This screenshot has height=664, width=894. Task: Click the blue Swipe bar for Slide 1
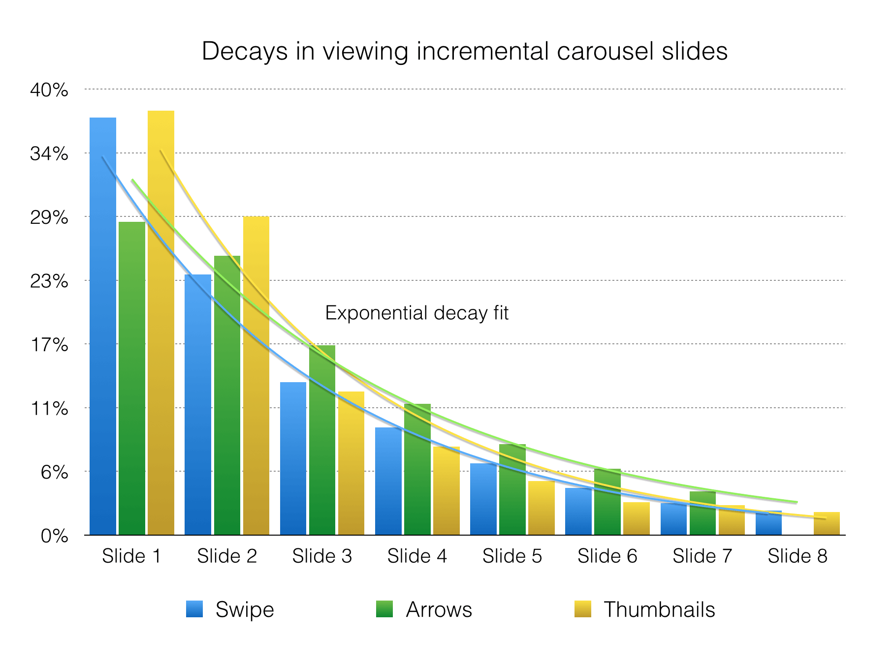103,325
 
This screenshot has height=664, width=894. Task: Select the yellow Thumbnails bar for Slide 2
256,374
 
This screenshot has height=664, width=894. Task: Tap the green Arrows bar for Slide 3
322,443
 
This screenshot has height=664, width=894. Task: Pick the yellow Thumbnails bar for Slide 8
827,524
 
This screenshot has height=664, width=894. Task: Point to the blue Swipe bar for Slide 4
388,482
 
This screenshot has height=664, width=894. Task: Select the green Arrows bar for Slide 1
132,379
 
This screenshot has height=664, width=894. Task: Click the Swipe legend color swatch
194,609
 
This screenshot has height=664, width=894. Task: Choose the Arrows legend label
439,610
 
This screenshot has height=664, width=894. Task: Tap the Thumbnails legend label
659,610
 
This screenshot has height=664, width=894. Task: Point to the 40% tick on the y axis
49,90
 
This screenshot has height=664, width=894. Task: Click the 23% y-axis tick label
49,281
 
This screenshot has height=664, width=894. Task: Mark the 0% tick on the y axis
54,536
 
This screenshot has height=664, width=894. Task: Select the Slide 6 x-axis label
607,556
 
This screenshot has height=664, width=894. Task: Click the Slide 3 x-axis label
322,556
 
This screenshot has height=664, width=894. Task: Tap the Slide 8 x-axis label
798,556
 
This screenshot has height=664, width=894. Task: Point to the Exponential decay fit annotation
416,313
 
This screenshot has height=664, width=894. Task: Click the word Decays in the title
244,52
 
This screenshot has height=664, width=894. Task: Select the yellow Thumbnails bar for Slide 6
637,519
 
